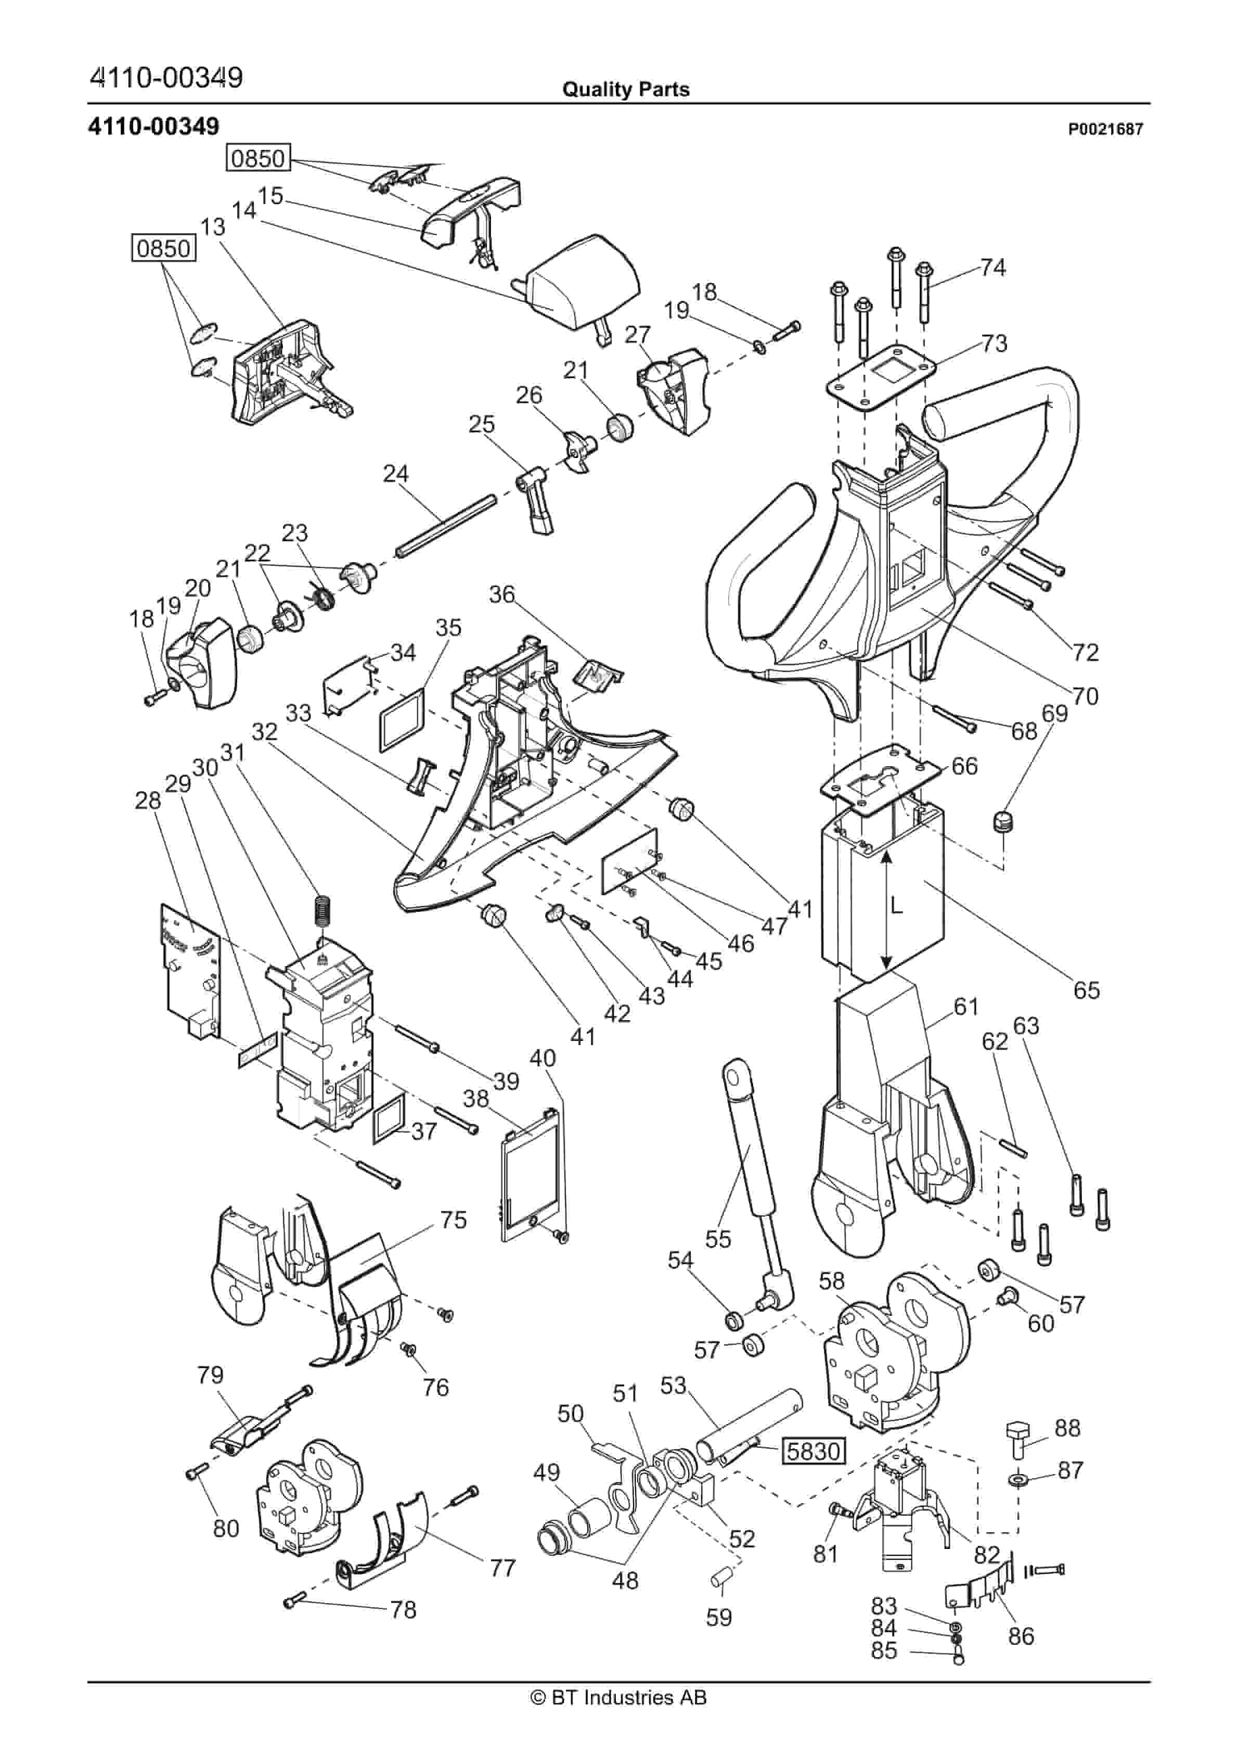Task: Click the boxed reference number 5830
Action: point(813,1452)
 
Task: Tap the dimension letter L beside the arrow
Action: point(898,906)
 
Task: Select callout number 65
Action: point(1086,990)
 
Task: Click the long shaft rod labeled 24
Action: point(446,526)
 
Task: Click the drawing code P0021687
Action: point(1105,130)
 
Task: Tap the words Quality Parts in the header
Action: point(625,90)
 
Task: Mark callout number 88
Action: point(1067,1428)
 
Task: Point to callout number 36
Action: point(501,594)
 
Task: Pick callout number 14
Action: point(244,211)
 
